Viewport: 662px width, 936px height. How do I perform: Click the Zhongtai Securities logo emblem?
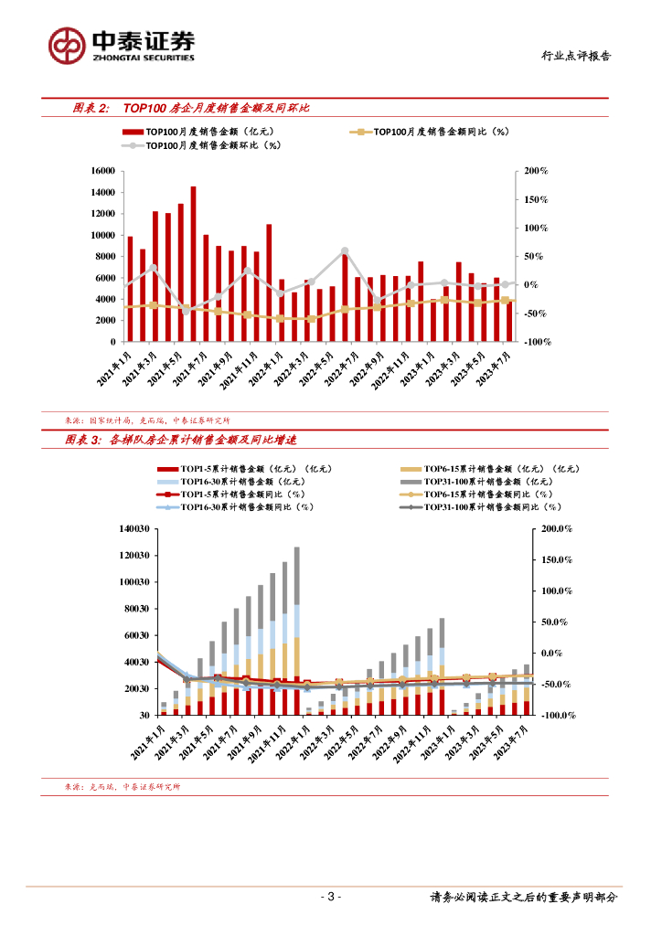[67, 44]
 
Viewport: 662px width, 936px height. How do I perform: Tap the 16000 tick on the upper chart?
[101, 171]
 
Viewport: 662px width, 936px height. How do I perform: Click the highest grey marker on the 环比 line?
[345, 250]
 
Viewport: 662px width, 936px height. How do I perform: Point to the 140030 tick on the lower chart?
[133, 528]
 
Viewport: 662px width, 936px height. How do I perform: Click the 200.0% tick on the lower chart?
[556, 528]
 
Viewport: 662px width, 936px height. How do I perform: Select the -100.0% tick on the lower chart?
[555, 716]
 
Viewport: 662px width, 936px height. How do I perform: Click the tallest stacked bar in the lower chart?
[296, 631]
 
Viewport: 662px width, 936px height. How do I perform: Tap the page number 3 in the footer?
[332, 897]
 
